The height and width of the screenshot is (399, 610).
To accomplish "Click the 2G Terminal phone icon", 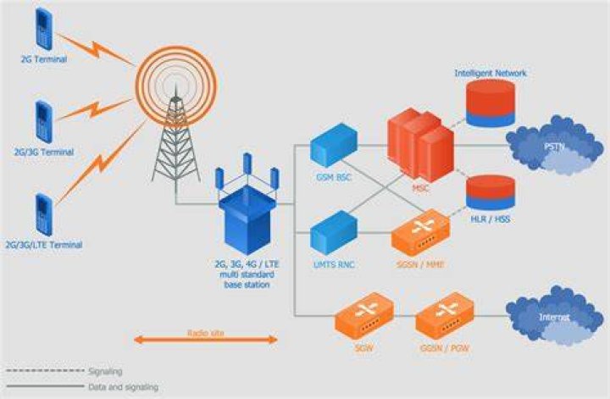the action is point(44,29).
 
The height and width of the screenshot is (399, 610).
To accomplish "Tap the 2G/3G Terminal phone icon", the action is point(44,122).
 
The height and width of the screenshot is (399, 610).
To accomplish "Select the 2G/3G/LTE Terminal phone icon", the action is point(44,215).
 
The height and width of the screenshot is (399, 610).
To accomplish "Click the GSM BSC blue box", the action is point(334,145).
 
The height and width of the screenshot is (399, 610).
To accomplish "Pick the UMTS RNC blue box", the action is point(334,233).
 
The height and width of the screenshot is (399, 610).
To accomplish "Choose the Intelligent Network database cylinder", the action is point(491,103).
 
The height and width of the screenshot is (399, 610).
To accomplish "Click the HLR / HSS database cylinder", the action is point(491,192).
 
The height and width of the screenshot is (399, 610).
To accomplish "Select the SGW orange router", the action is point(364,317).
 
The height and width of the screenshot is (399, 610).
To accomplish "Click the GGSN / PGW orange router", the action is point(445,317).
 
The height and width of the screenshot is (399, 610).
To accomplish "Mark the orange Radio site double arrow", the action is point(206,340).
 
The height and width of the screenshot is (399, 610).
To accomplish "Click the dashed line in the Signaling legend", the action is point(45,370).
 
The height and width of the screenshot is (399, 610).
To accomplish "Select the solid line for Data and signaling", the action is point(45,386).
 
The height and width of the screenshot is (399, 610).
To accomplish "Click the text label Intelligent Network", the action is point(491,73).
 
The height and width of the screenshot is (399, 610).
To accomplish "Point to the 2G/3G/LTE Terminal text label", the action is point(44,245).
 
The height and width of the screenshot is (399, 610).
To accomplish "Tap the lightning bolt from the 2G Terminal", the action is point(96,48).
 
